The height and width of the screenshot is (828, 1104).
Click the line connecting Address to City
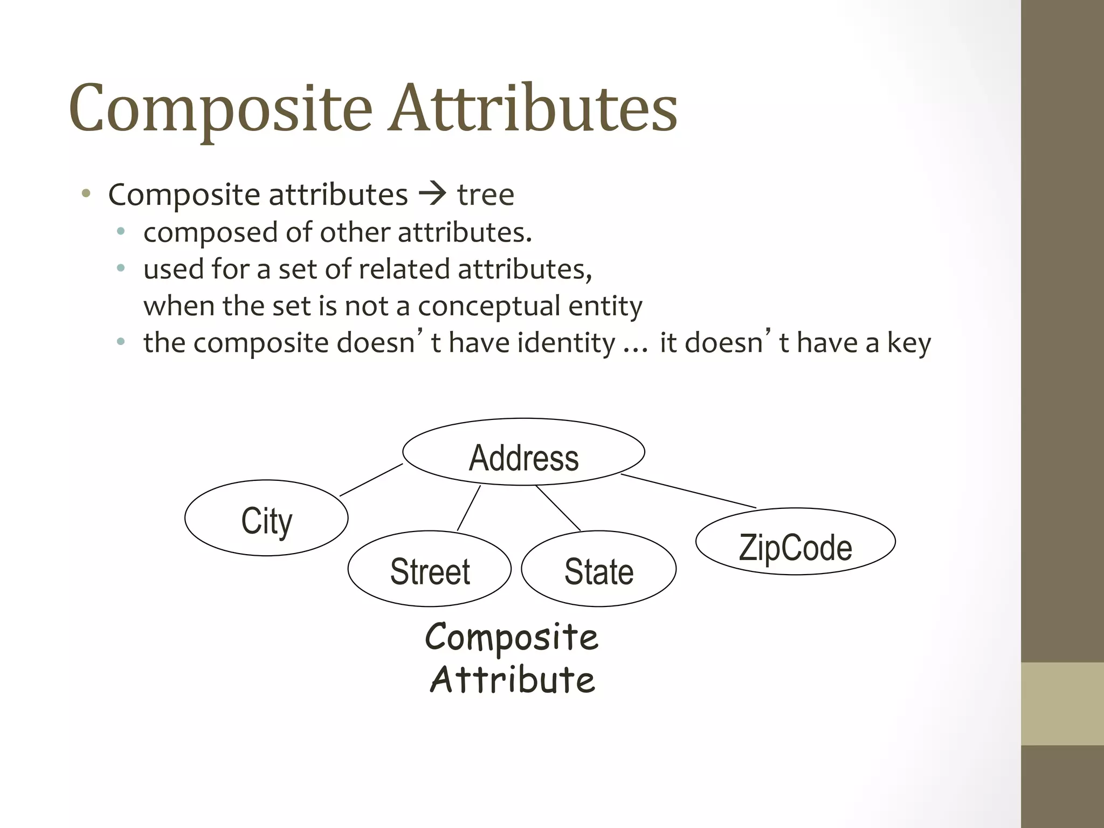pos(371,480)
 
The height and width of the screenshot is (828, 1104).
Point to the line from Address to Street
pos(469,508)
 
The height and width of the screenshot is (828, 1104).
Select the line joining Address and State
pos(558,508)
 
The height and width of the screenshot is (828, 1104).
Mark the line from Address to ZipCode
pos(688,491)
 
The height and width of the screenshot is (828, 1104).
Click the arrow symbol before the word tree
pos(432,194)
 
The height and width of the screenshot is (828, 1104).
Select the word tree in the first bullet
pos(486,195)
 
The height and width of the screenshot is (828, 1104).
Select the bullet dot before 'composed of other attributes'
pos(121,232)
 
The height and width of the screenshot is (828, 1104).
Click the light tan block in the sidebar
pos(1062,703)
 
